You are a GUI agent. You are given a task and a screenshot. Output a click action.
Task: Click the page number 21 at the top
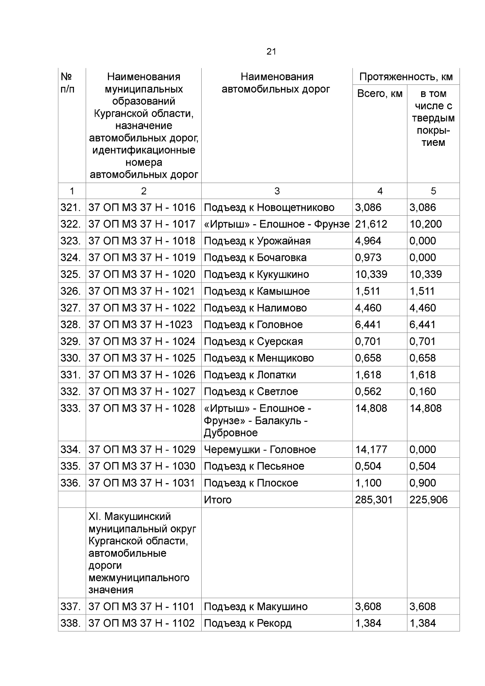click(271, 52)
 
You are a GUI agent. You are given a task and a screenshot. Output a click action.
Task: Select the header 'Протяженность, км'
click(406, 77)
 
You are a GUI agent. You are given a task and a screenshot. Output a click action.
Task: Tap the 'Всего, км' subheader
click(380, 94)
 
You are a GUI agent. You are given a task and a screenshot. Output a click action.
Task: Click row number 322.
click(71, 224)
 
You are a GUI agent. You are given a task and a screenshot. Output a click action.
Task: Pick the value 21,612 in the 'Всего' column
click(371, 224)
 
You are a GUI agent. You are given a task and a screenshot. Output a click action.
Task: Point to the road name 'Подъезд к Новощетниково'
click(269, 208)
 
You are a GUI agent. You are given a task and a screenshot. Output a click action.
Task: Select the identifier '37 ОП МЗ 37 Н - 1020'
click(141, 274)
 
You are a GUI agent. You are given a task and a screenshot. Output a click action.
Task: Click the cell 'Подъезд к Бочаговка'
click(255, 258)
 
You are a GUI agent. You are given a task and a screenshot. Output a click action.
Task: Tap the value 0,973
click(368, 258)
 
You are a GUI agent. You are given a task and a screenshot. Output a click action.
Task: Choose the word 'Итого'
click(217, 500)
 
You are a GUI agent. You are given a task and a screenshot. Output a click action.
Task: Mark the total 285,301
click(373, 500)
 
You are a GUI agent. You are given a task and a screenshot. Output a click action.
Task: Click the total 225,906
click(428, 500)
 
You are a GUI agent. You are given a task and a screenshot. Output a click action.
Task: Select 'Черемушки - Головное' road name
click(259, 450)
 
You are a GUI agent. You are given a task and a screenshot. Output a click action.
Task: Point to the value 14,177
click(371, 450)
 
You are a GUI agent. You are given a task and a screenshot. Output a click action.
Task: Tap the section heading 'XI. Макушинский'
click(129, 517)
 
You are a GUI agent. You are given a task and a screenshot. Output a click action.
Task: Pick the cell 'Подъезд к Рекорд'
click(247, 623)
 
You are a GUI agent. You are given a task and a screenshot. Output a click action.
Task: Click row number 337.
click(71, 607)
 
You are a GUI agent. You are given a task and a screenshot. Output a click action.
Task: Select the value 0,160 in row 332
click(422, 391)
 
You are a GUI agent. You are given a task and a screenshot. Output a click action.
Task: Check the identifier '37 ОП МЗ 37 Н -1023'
click(140, 325)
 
